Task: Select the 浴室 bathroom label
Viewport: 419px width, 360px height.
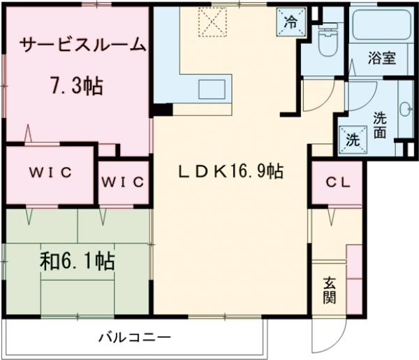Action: click(x=381, y=59)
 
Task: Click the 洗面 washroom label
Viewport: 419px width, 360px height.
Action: click(x=381, y=124)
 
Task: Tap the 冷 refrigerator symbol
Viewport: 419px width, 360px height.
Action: click(x=289, y=20)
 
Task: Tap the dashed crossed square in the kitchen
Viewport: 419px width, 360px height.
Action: click(x=209, y=21)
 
